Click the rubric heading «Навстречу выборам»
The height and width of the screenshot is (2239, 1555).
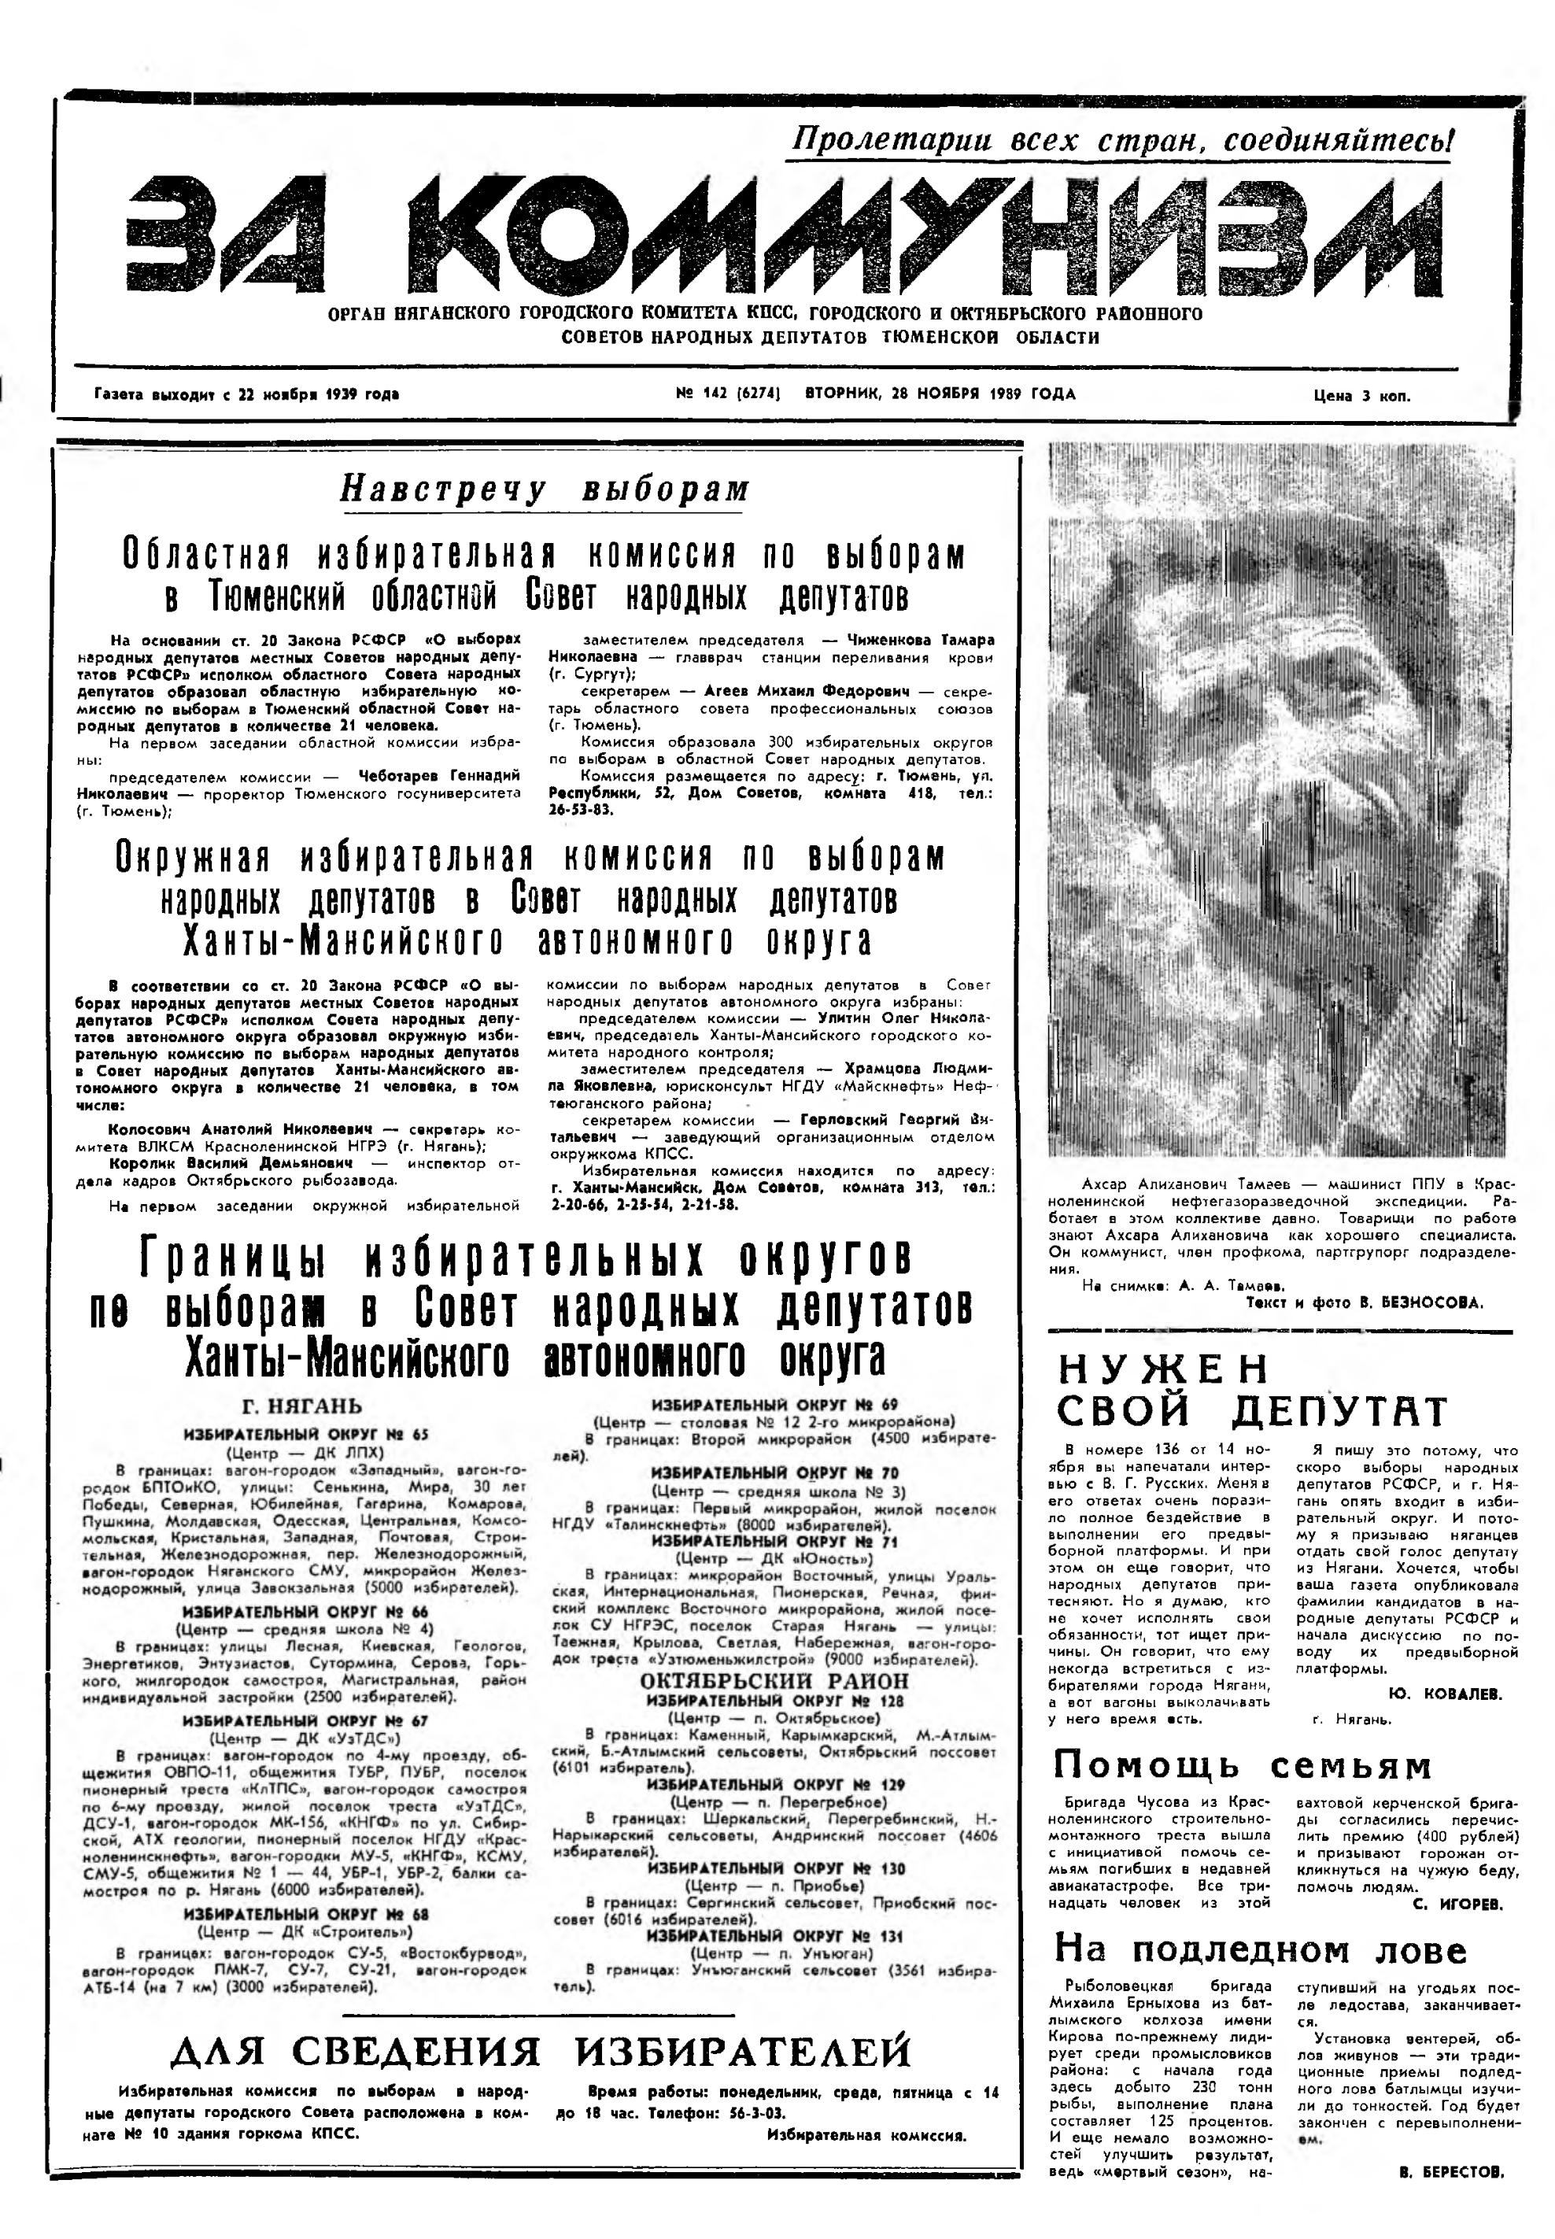click(545, 489)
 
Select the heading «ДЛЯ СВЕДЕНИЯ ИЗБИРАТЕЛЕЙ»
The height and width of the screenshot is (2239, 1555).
click(541, 2051)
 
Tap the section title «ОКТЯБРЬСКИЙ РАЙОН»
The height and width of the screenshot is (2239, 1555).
click(774, 1682)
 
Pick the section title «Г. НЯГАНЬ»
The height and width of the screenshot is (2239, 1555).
click(301, 1406)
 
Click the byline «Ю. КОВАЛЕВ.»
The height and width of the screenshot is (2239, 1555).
click(1445, 1694)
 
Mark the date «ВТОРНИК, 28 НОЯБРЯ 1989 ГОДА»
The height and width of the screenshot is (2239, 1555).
click(940, 394)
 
